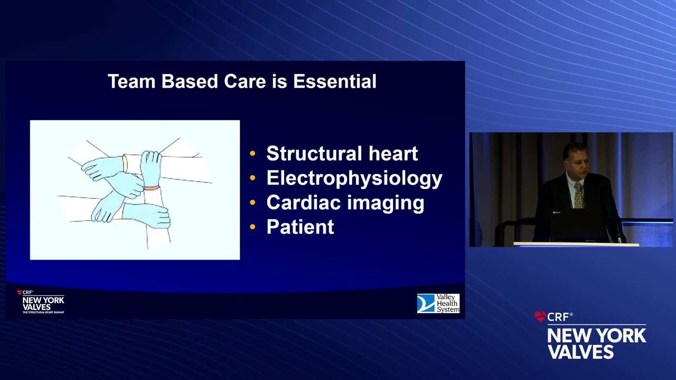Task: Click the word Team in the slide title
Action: click(x=132, y=81)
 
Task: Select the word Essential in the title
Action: click(x=335, y=81)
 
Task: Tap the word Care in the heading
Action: click(x=245, y=81)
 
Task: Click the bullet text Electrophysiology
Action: click(x=354, y=178)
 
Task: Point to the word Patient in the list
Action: click(x=301, y=227)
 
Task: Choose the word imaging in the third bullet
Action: click(x=386, y=203)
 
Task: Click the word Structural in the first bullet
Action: click(x=314, y=154)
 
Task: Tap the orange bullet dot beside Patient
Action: click(x=252, y=227)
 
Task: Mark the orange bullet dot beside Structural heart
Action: click(x=252, y=154)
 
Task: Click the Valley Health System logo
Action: click(x=438, y=303)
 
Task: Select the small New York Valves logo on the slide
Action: click(x=41, y=302)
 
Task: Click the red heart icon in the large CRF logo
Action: click(x=540, y=316)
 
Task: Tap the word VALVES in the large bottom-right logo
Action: click(x=581, y=351)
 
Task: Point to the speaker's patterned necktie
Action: click(x=578, y=195)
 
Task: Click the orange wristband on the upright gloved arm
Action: click(x=152, y=188)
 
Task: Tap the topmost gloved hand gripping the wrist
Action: click(x=151, y=168)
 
